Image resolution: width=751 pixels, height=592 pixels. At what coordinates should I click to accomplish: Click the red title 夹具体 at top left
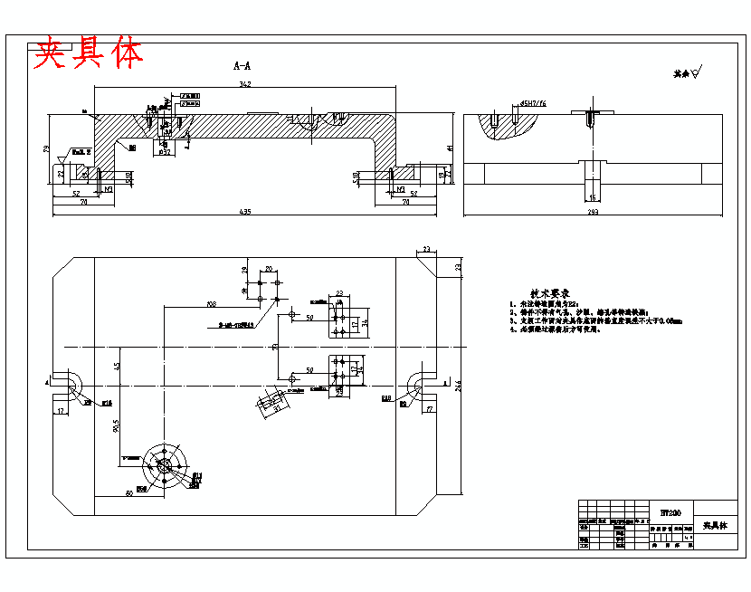[x=89, y=53]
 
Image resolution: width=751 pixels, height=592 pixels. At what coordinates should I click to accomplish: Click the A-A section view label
[x=242, y=66]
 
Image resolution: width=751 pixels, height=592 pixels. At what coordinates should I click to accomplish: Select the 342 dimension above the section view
[x=244, y=84]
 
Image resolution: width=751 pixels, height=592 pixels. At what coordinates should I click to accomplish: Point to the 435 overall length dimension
[x=244, y=212]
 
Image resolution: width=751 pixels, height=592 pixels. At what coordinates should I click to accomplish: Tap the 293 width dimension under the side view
[x=594, y=212]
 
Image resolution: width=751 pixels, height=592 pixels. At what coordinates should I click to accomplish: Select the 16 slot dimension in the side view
[x=593, y=196]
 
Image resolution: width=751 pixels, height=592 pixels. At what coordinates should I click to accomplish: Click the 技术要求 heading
[x=548, y=294]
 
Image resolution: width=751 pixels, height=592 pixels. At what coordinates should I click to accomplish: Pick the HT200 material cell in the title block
[x=670, y=512]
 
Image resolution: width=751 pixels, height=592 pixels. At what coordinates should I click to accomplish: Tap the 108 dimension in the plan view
[x=211, y=304]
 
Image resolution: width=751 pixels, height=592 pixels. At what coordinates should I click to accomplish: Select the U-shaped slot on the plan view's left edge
[x=67, y=384]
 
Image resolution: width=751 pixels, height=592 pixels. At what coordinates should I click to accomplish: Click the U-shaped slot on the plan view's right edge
[x=423, y=384]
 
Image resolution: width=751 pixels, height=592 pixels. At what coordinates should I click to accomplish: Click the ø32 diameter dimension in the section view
[x=165, y=152]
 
